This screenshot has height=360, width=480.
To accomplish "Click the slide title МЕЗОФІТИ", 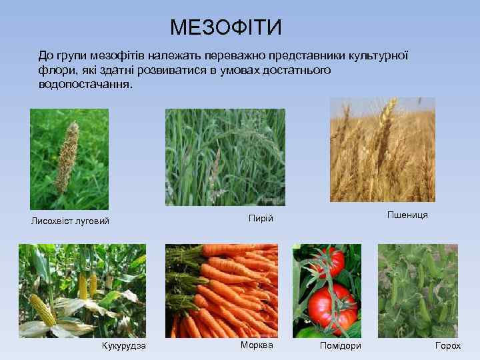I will click(226, 27).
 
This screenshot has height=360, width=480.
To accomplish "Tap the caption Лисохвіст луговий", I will click(69, 221).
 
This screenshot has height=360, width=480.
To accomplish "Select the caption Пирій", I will click(261, 218).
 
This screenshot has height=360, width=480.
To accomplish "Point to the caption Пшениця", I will click(407, 215).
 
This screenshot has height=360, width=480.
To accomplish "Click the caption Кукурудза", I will click(123, 345).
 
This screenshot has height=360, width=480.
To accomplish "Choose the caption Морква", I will click(257, 345).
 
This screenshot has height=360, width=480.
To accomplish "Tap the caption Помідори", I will click(340, 345).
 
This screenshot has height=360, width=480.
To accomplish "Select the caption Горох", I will click(447, 345).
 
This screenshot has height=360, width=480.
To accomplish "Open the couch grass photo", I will click(225, 157).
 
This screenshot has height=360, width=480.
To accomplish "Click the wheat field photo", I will click(382, 149).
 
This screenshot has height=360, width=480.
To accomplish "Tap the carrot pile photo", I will click(221, 291).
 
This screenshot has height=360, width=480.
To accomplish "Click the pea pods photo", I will click(417, 291).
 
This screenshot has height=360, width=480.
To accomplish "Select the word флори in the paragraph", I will click(55, 70).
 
